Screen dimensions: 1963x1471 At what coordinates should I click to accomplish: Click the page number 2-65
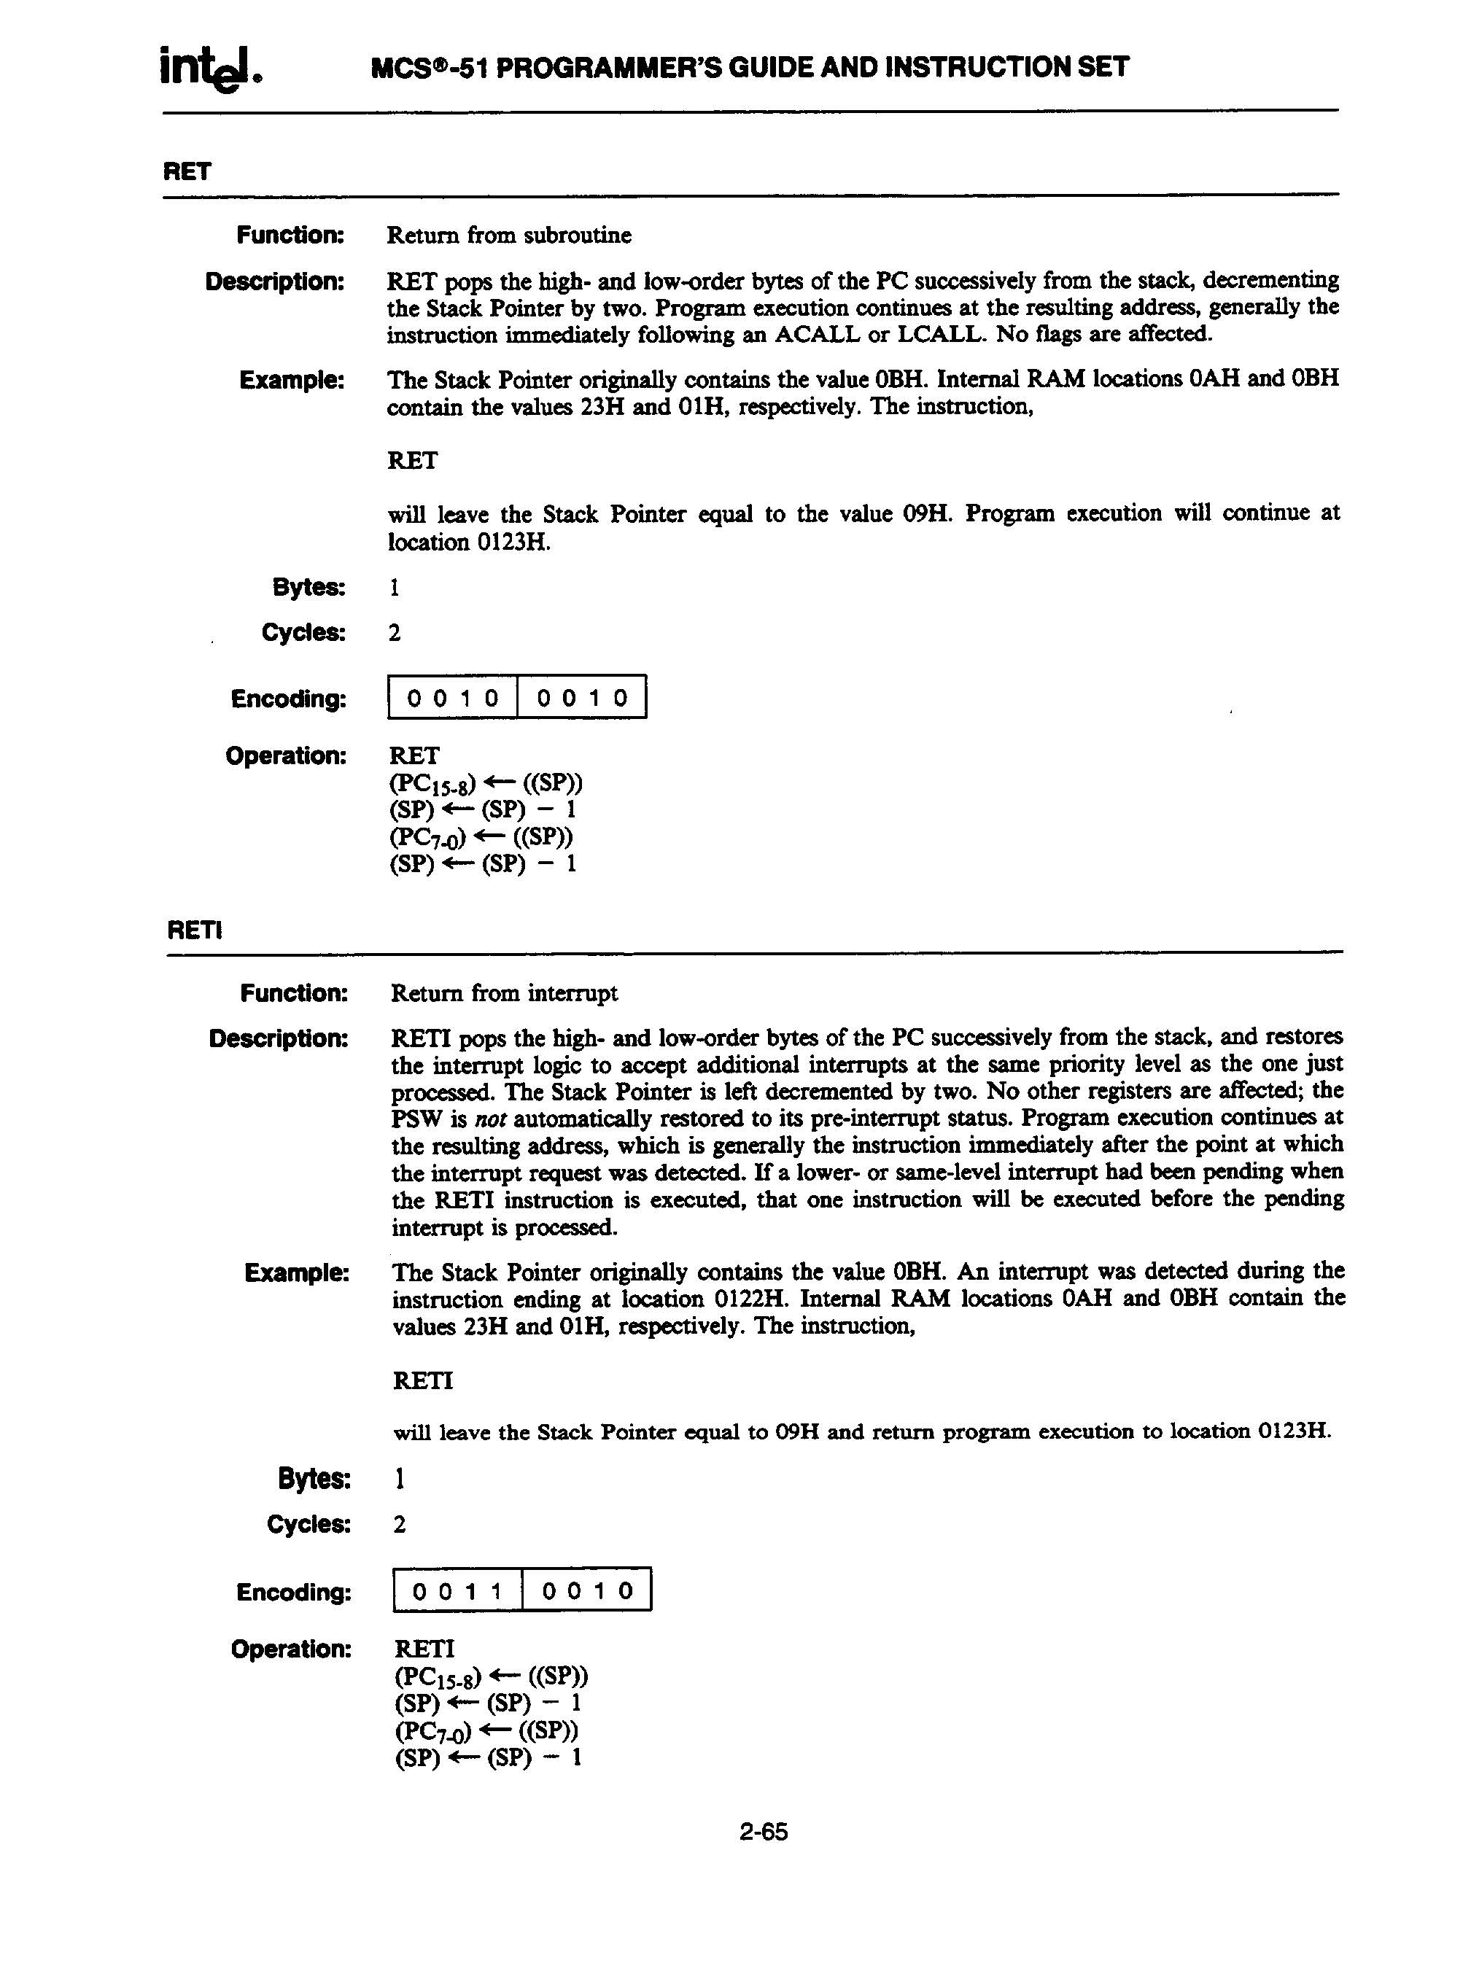763,1831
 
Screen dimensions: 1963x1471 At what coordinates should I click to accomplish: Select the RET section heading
187,171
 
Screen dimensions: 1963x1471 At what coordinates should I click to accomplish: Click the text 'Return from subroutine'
508,236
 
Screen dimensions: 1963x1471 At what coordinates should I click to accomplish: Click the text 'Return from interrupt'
504,992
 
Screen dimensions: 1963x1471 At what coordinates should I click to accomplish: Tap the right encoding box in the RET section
581,698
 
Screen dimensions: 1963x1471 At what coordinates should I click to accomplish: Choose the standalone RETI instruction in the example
422,1381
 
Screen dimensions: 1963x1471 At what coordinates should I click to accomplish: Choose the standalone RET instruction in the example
413,461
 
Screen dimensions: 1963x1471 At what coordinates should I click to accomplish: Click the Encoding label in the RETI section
294,1592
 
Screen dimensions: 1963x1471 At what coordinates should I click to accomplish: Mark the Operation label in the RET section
285,756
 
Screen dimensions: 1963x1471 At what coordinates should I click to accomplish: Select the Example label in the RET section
291,381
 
